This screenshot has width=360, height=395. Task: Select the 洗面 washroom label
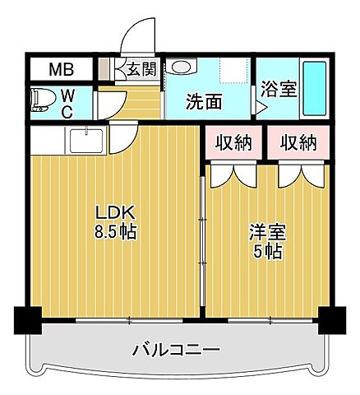204,102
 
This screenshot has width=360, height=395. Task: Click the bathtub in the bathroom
314,88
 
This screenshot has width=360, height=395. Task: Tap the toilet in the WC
43,101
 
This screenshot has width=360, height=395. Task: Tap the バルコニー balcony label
177,351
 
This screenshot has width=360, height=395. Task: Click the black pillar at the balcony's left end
28,319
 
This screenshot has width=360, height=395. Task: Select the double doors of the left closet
232,174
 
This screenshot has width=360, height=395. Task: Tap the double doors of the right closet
298,174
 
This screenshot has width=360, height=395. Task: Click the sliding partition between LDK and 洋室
202,239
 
